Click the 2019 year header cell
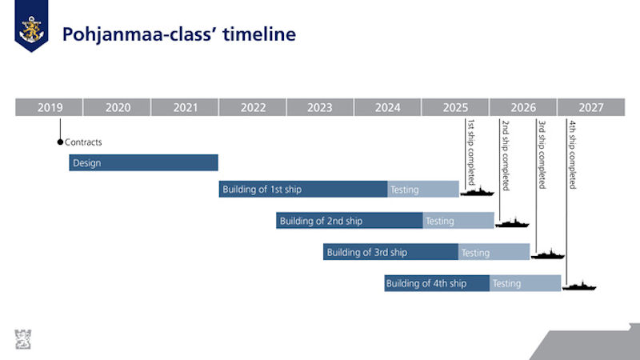(x=49, y=107)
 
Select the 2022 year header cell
(x=252, y=107)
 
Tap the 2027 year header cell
(x=591, y=107)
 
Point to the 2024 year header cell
(x=387, y=107)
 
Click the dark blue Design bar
(x=143, y=162)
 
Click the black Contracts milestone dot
(x=61, y=142)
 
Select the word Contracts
(x=83, y=142)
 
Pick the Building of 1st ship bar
(x=303, y=189)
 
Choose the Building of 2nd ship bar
(x=350, y=221)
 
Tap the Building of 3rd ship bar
(x=390, y=252)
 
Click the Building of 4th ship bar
(x=437, y=283)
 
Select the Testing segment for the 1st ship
(x=423, y=189)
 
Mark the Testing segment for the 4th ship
(x=526, y=283)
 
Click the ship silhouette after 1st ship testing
(x=477, y=191)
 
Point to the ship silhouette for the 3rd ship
(x=548, y=254)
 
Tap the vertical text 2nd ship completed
(x=506, y=155)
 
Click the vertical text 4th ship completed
(x=573, y=154)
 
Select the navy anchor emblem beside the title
(x=31, y=26)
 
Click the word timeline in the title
(x=259, y=34)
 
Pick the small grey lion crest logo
(x=23, y=339)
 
